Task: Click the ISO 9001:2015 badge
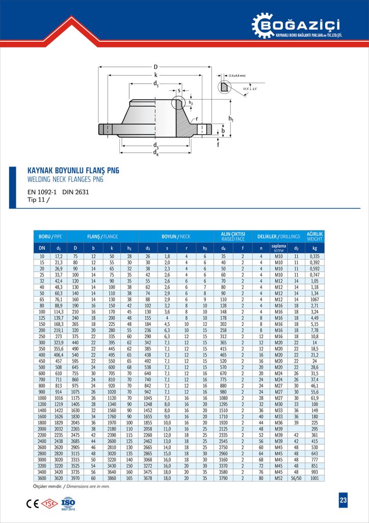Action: (x=68, y=503)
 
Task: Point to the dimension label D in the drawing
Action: (x=155, y=66)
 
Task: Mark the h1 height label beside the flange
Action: (x=231, y=119)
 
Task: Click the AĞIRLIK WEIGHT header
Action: (x=314, y=237)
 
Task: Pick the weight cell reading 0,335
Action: (x=314, y=255)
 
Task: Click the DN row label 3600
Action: (x=42, y=478)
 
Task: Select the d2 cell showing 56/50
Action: (x=297, y=478)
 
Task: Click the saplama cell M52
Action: (x=279, y=478)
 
